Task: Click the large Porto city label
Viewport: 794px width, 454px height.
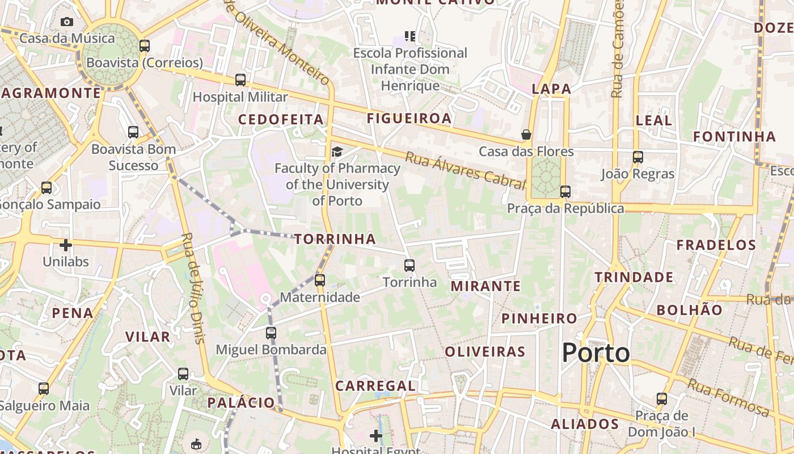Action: pos(595,353)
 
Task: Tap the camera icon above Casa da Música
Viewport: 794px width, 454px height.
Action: pos(67,22)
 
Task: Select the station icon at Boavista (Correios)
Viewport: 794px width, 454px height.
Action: pos(145,46)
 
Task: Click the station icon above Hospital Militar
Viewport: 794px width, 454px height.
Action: pos(240,80)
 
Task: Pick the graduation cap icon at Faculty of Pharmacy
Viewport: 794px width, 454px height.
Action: pos(337,152)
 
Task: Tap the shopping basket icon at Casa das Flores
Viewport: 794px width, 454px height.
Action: pos(526,134)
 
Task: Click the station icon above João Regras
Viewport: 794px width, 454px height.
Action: pos(638,157)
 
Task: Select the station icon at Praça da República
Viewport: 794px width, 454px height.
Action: pos(565,192)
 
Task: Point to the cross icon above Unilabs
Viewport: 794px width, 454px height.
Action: pos(66,245)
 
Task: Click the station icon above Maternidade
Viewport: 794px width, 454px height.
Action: pos(320,280)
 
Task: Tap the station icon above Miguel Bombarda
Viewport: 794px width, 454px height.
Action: pos(271,333)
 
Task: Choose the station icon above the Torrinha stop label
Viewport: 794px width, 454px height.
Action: pos(409,265)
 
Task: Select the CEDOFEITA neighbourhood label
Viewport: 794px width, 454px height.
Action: pos(281,119)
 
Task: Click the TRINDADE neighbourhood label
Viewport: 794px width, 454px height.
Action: pos(634,278)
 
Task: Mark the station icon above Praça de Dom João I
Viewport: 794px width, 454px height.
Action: pos(661,399)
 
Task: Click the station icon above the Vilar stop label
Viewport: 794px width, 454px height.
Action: pos(183,374)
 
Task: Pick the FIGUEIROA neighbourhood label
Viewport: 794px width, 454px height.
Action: pos(409,118)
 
